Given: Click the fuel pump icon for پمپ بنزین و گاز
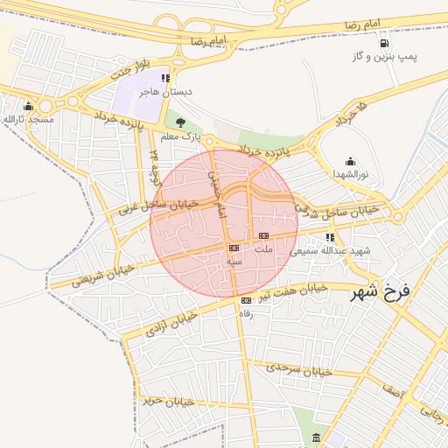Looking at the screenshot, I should coord(383,44).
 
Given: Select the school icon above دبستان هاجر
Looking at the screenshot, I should coord(166,79).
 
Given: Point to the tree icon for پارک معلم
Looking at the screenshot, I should coord(181,123).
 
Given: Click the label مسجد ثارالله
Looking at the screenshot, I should coord(28,117).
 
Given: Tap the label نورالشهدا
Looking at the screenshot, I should coord(350,174).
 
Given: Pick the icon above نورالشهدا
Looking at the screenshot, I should coord(350,161).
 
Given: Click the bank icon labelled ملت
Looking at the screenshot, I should coord(263,235).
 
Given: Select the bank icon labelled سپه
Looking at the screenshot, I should coord(234,248).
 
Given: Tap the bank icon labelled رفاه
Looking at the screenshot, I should coord(246,301).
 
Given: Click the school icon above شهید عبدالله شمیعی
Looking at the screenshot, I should coord(330,237).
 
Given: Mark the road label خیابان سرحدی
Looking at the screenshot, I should coord(300,370).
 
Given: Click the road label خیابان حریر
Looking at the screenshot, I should coord(166,402).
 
